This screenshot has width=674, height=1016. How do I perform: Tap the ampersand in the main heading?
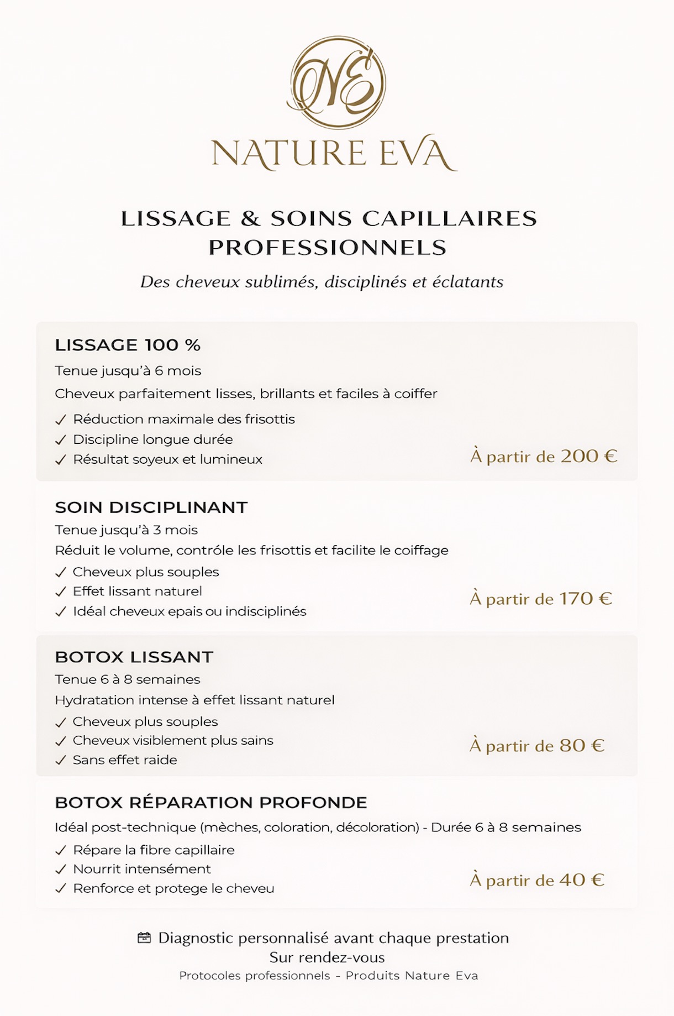[x=250, y=218]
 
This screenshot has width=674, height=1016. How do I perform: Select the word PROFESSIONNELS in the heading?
[x=328, y=248]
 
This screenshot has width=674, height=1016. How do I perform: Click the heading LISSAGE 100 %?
[x=128, y=345]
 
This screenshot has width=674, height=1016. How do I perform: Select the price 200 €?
[x=589, y=456]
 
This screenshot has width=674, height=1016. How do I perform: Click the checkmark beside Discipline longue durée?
[x=61, y=440]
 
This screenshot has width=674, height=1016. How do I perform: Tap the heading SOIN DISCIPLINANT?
[x=151, y=507]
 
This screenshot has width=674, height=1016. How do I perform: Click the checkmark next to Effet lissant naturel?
[x=61, y=592]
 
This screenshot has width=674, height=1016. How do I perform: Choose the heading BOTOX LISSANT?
[x=134, y=657]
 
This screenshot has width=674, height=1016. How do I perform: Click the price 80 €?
[x=582, y=746]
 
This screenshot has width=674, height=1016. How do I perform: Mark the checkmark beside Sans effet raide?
[x=61, y=761]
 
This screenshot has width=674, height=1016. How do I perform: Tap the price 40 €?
[x=582, y=880]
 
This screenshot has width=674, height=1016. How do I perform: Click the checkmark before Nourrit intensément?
[x=61, y=870]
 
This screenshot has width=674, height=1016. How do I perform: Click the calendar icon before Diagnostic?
[x=144, y=938]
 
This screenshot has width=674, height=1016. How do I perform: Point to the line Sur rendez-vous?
[x=327, y=957]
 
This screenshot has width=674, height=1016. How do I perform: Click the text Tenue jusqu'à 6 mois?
[x=128, y=371]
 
